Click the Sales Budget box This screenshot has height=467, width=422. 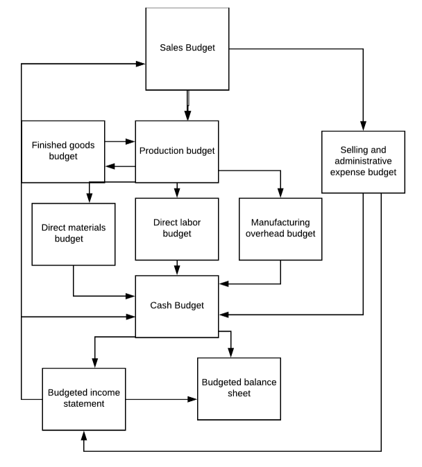click(187, 49)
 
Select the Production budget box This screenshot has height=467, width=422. click(177, 151)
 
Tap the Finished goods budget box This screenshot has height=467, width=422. click(63, 151)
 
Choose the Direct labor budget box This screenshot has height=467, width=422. click(177, 229)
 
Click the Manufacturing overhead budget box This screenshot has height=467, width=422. click(280, 229)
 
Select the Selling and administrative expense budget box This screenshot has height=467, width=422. click(363, 161)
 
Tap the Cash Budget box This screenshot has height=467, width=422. click(177, 306)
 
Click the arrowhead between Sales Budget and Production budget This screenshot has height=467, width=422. click(187, 116)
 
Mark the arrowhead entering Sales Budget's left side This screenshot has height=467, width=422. click(141, 64)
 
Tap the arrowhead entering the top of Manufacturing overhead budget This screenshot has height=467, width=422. click(280, 193)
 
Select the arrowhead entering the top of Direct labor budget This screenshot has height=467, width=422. click(177, 193)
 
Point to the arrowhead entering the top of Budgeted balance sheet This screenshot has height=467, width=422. click(231, 353)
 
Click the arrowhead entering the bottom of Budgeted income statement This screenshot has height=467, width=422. click(84, 434)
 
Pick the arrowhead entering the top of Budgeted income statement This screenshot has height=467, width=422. click(94, 363)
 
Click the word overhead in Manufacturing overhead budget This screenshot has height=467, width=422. click(280, 233)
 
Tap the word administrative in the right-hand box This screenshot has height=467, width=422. click(363, 161)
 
